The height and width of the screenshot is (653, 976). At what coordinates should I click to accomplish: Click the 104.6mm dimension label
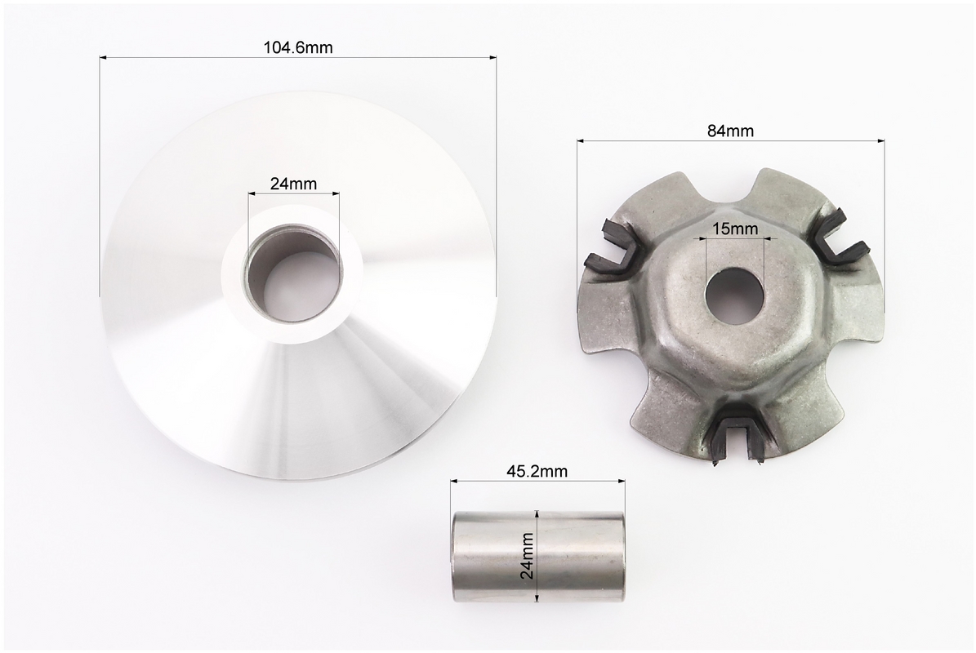tap(298, 47)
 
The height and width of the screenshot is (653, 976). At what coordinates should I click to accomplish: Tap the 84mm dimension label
tap(730, 131)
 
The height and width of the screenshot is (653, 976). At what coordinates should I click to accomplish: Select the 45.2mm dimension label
tap(537, 472)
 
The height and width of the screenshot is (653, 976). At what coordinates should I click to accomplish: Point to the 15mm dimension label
tap(735, 229)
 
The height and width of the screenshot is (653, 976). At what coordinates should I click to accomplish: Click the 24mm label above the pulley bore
tap(293, 184)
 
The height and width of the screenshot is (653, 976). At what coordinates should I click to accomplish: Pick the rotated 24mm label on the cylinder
tap(528, 556)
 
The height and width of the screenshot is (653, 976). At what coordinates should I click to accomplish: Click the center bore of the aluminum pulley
tap(294, 273)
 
